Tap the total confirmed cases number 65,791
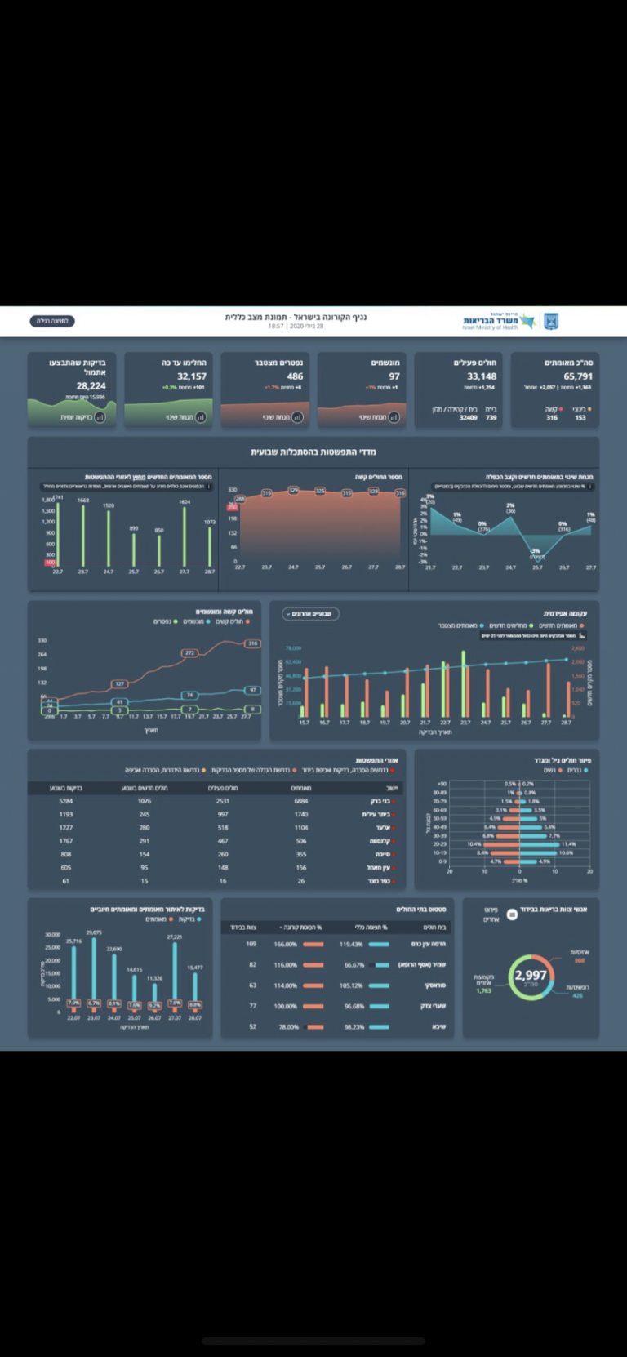pos(578,376)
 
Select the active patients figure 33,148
pos(482,376)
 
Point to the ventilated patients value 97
pos(394,376)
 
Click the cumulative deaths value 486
pos(295,376)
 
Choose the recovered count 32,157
pos(192,376)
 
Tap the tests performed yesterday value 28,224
pos(91,386)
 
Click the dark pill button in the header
pos(52,321)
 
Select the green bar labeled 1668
pos(83,535)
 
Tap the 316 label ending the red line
pos(253,643)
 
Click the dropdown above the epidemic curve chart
pos(310,613)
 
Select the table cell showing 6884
pos(301,801)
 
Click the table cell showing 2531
pos(223,801)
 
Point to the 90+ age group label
pos(442,784)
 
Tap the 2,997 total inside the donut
pos(531,975)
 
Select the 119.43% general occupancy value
pos(351,944)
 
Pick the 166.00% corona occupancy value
pos(285,944)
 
